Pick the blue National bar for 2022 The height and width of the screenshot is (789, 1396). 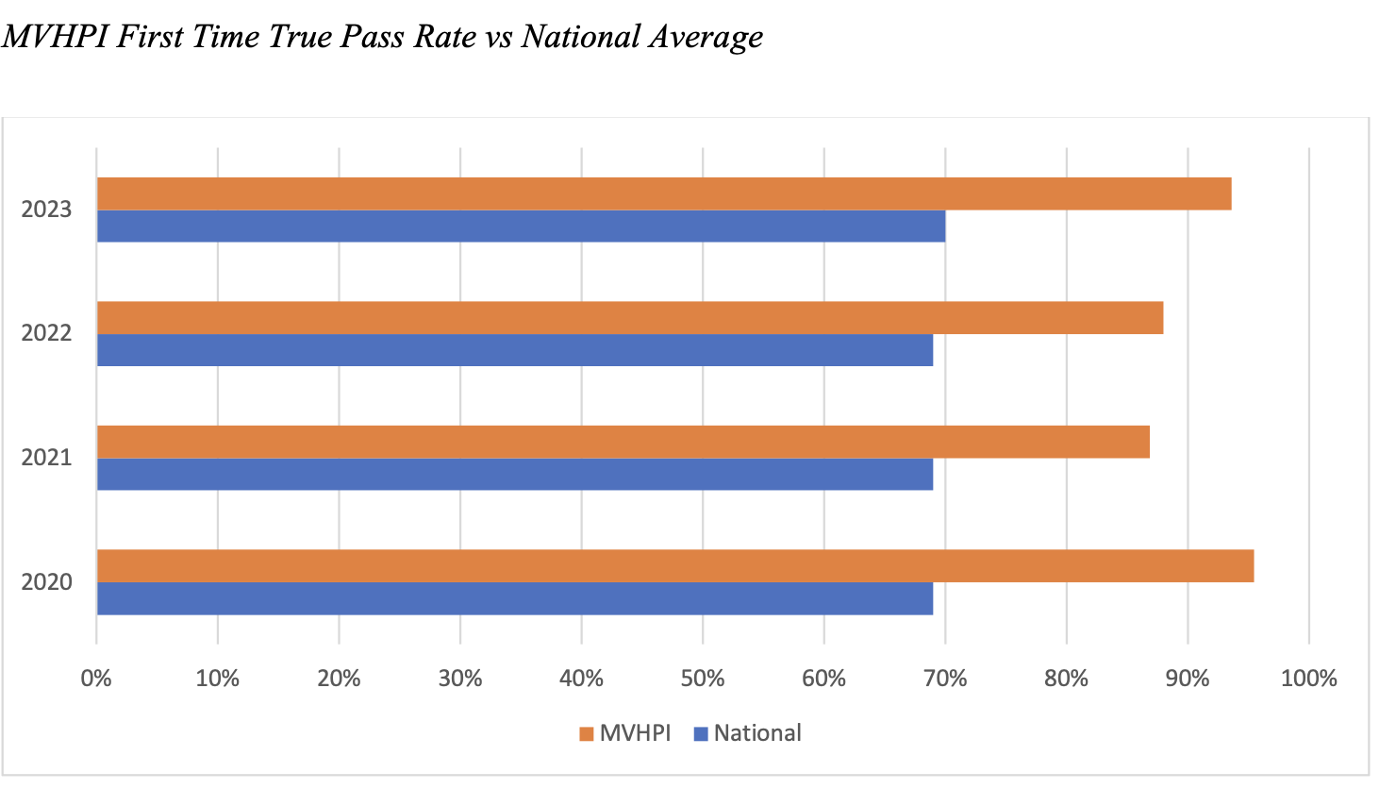(515, 350)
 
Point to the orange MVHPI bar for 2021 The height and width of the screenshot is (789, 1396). (623, 442)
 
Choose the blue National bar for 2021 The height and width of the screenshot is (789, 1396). (515, 475)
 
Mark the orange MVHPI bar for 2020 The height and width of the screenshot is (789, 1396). (674, 566)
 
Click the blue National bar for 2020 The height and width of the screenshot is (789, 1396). (515, 598)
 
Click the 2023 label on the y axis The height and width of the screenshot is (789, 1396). (46, 210)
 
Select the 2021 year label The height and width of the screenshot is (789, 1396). (46, 458)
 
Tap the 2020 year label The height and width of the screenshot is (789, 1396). (46, 582)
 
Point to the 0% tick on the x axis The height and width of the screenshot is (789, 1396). (96, 678)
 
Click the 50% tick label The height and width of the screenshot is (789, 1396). (703, 678)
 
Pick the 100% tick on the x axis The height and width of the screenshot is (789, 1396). (1309, 678)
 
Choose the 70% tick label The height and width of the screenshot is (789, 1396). (945, 678)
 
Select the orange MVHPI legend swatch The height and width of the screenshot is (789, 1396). (587, 734)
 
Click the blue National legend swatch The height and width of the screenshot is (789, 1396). (701, 734)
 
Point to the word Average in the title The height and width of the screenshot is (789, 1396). (704, 37)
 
